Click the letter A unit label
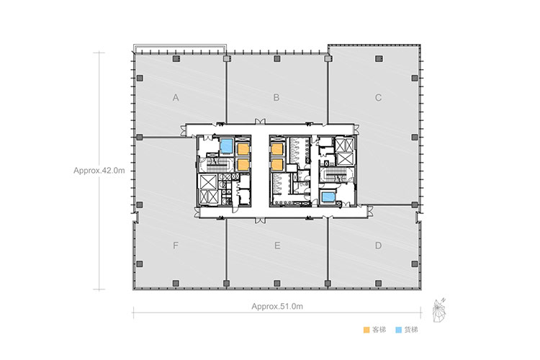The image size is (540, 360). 176,98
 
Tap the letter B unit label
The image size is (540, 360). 276,98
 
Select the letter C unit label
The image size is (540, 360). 378,98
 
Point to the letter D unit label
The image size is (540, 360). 378,246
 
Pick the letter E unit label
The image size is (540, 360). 277,246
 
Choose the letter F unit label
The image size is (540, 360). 176,246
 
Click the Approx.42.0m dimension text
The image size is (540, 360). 99,171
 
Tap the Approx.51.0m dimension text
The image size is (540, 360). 277,306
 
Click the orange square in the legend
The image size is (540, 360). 366,330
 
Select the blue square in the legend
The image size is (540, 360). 399,330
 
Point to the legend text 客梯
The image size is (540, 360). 379,330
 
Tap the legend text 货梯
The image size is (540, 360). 411,330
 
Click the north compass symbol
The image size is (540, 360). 438,310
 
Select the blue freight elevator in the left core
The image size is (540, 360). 226,146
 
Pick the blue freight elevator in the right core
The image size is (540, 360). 328,197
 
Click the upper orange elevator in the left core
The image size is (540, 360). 243,149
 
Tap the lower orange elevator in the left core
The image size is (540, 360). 243,165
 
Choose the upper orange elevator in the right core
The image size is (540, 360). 277,149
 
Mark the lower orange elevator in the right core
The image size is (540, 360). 277,165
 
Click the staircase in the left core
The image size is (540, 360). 218,165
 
